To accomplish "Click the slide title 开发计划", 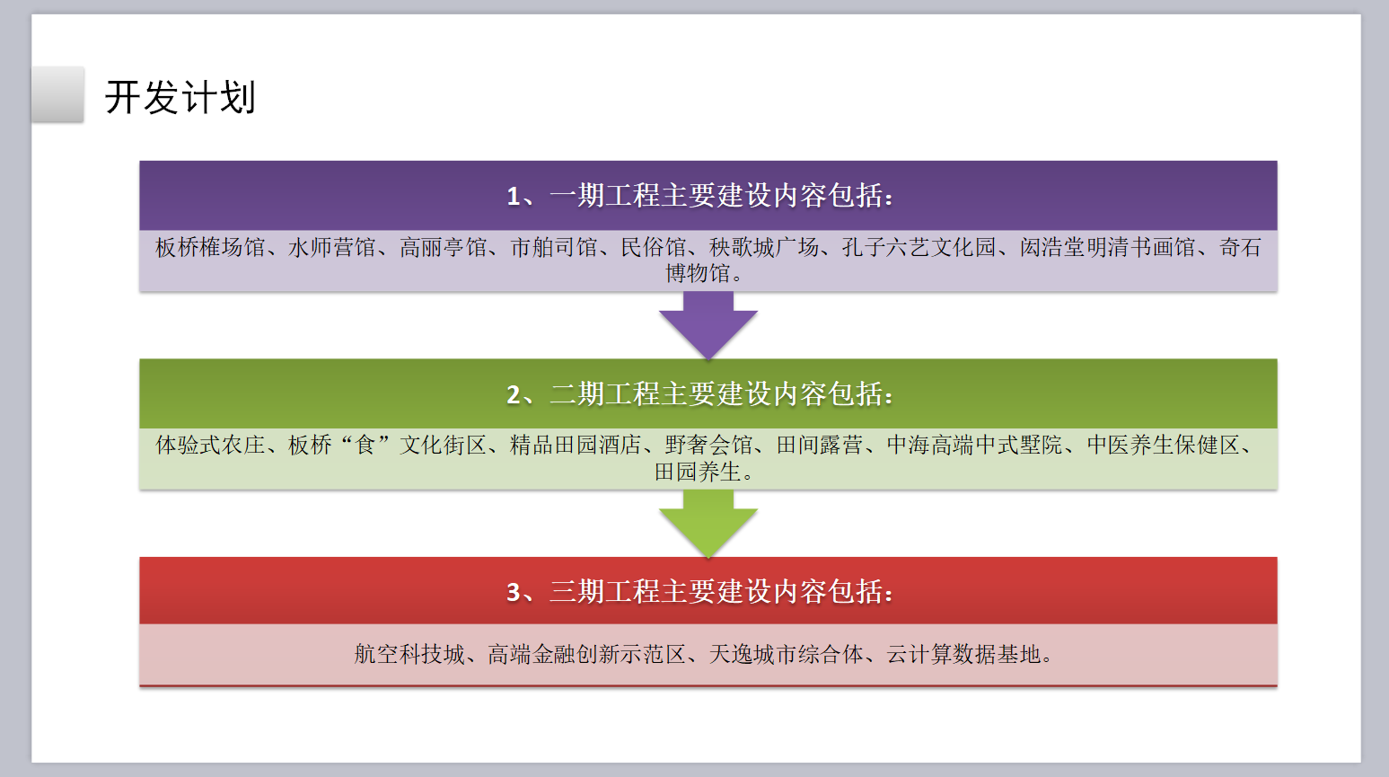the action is [x=180, y=97].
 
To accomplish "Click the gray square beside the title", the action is [x=57, y=94].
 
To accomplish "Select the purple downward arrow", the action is [x=708, y=325].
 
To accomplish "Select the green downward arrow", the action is [x=708, y=523].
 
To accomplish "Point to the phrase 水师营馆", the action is [x=331, y=247].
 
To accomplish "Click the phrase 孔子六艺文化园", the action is [x=919, y=247].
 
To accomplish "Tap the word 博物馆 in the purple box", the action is [x=698, y=273].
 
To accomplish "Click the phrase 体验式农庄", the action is [x=210, y=445].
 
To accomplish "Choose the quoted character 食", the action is [x=365, y=445].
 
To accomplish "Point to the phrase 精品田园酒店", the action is [x=576, y=445].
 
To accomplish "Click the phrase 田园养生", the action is [x=698, y=472].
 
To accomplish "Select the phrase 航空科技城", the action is [x=409, y=654].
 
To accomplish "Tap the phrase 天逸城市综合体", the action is [x=786, y=654].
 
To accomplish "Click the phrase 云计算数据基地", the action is [x=963, y=654].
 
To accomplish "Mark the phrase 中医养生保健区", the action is [x=1164, y=445].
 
